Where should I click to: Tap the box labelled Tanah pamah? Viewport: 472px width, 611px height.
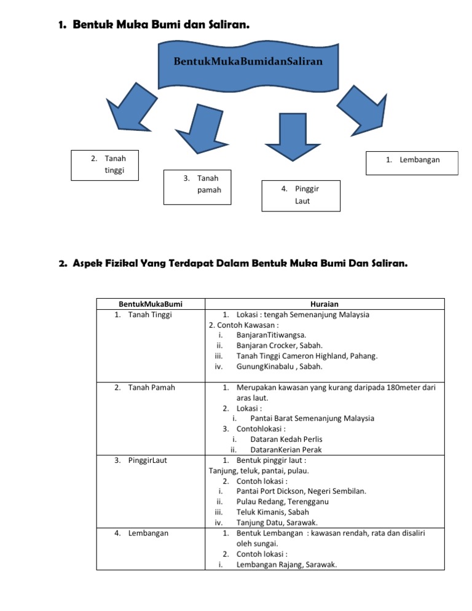[x=197, y=186]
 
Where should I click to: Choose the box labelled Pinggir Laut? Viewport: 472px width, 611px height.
[x=301, y=195]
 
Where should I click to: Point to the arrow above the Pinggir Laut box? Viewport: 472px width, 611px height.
[x=296, y=136]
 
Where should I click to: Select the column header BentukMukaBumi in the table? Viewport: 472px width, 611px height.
[x=151, y=304]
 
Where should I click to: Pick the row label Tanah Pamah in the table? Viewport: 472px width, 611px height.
[x=151, y=387]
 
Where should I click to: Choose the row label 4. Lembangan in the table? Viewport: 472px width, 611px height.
[x=149, y=533]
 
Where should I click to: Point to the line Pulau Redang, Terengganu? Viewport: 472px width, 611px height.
[x=282, y=502]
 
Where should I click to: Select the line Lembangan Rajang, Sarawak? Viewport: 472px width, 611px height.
[x=286, y=564]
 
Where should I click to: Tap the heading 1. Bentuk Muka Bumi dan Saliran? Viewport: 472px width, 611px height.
[x=154, y=25]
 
